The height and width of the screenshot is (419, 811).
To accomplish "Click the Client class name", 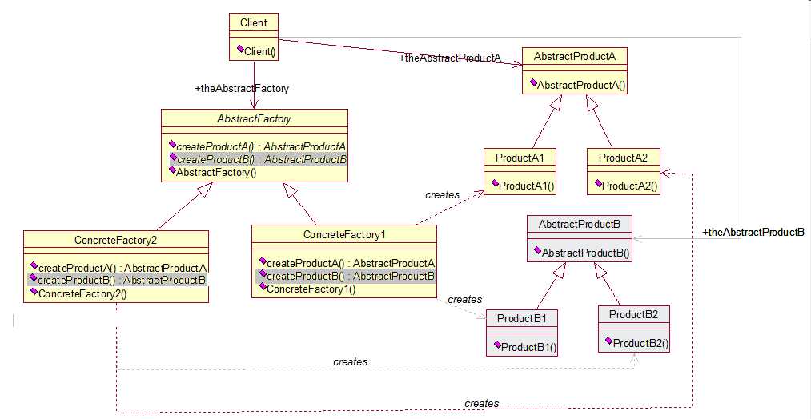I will pyautogui.click(x=254, y=23).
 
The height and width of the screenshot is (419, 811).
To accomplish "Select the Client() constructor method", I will pyautogui.click(x=256, y=52).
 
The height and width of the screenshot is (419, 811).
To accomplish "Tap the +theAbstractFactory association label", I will pyautogui.click(x=242, y=89).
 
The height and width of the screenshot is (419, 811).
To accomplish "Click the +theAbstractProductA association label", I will pyautogui.click(x=449, y=58).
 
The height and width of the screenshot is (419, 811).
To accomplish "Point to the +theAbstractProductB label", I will pyautogui.click(x=753, y=233).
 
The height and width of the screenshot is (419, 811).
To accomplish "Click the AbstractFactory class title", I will pyautogui.click(x=254, y=118).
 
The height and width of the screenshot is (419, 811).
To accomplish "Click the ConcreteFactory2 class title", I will pyautogui.click(x=116, y=239).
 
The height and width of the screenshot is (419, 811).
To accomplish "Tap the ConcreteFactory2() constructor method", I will pyautogui.click(x=82, y=293).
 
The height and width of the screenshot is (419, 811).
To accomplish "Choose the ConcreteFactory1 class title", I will pyautogui.click(x=344, y=234).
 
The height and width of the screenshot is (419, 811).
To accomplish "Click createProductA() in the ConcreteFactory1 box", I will pyautogui.click(x=349, y=263).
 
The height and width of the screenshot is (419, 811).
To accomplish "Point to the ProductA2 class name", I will pyautogui.click(x=622, y=158).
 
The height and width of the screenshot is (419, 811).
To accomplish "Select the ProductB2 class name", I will pyautogui.click(x=633, y=315).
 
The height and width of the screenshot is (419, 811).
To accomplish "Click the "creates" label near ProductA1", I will pyautogui.click(x=443, y=194).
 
